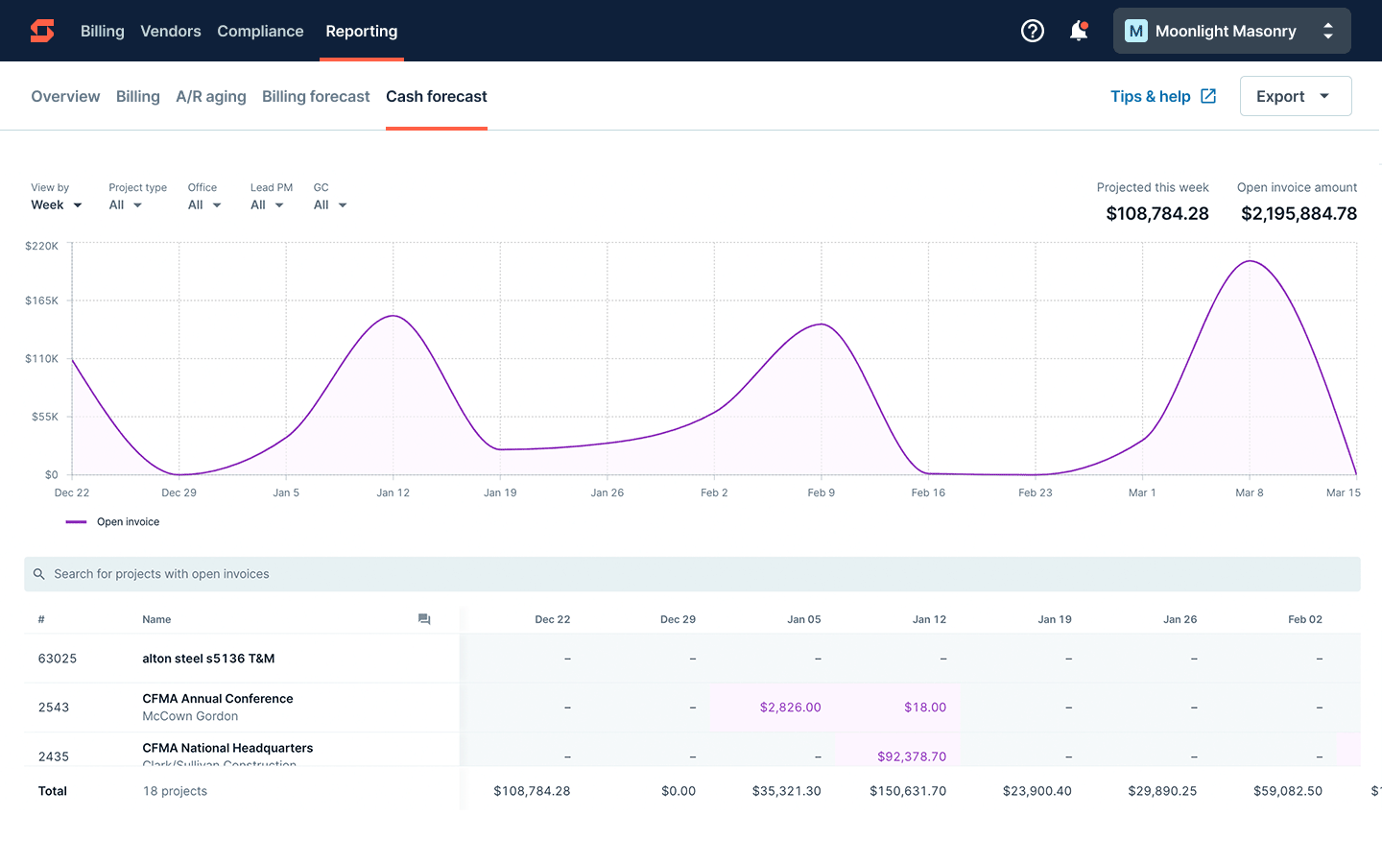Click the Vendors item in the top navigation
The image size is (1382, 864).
coord(171,31)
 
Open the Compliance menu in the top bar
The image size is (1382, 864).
coord(260,31)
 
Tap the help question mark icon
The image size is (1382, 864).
coord(1032,31)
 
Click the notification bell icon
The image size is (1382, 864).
coord(1079,31)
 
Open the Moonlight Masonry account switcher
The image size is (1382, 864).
coord(1231,31)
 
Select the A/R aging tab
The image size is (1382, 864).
coord(211,96)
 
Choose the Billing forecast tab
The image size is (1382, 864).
coord(316,96)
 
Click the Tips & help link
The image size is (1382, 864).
coord(1162,96)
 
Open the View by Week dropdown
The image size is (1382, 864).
coord(56,204)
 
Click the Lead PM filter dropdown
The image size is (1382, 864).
coord(267,204)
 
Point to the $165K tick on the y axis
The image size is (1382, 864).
coord(41,300)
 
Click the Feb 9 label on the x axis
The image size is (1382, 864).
coord(821,492)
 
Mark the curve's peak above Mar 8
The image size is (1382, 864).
coord(1250,261)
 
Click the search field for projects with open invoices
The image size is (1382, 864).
coord(691,574)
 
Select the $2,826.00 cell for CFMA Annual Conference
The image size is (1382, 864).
coord(790,708)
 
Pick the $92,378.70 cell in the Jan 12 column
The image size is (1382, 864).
coord(911,756)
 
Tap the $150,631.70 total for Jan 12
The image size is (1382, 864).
coord(908,791)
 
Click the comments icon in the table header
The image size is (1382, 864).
coord(424,619)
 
